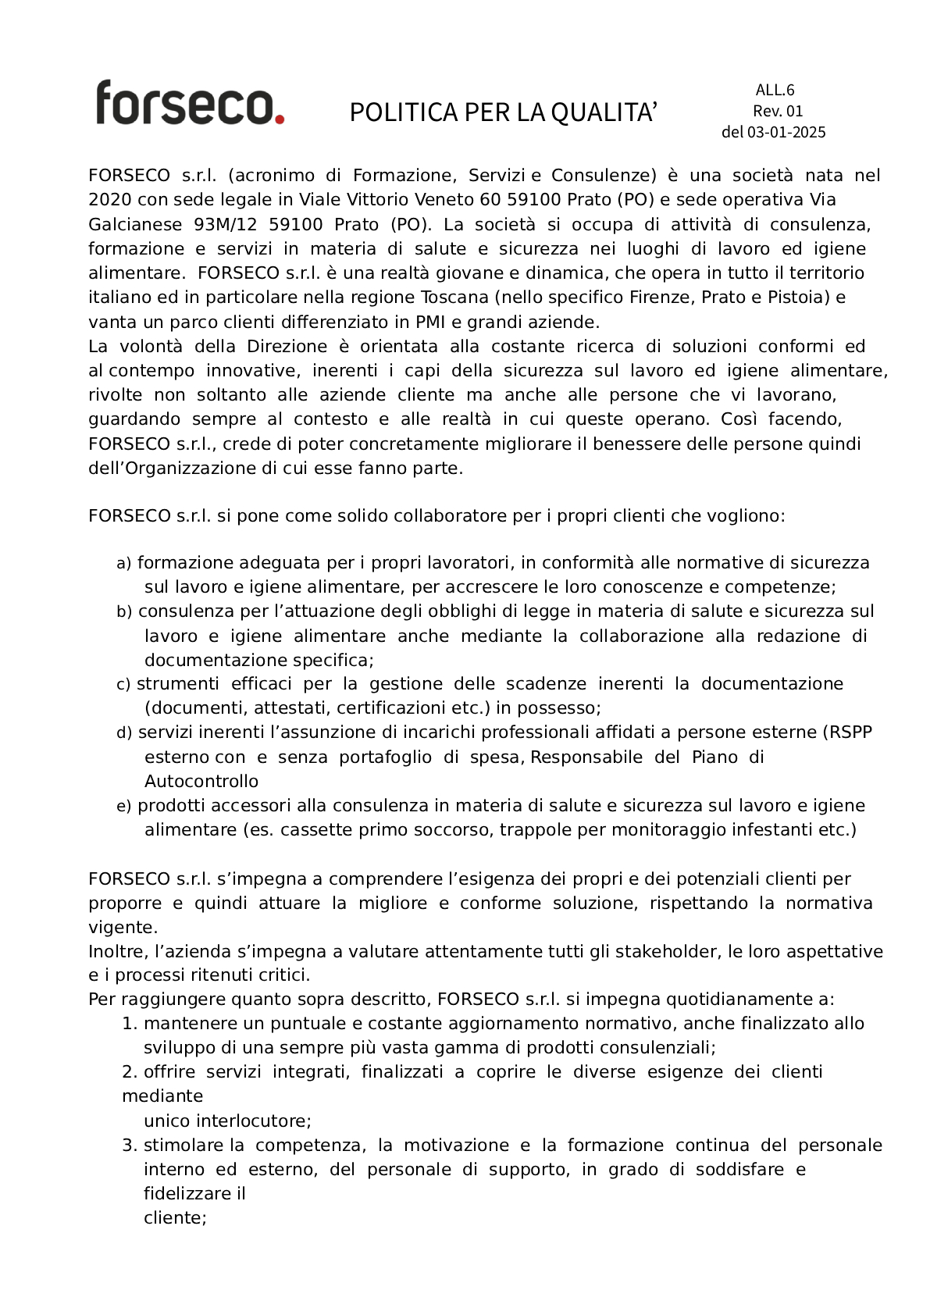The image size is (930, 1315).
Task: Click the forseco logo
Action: click(189, 102)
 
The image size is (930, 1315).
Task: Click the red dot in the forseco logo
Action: click(279, 119)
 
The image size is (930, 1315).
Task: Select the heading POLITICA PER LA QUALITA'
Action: click(503, 112)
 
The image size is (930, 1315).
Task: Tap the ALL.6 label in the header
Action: click(775, 90)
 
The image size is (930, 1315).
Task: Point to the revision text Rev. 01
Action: click(778, 111)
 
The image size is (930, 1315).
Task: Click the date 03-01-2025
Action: click(786, 132)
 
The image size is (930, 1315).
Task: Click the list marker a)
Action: click(123, 564)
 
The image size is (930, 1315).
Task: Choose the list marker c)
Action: click(123, 685)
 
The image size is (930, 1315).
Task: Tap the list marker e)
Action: click(123, 807)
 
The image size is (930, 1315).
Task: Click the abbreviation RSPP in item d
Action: click(850, 732)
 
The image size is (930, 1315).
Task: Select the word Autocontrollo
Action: click(201, 782)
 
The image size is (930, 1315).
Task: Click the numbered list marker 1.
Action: click(130, 1024)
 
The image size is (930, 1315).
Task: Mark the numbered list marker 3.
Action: click(130, 1146)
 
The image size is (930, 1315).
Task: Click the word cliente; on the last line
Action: click(175, 1218)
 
